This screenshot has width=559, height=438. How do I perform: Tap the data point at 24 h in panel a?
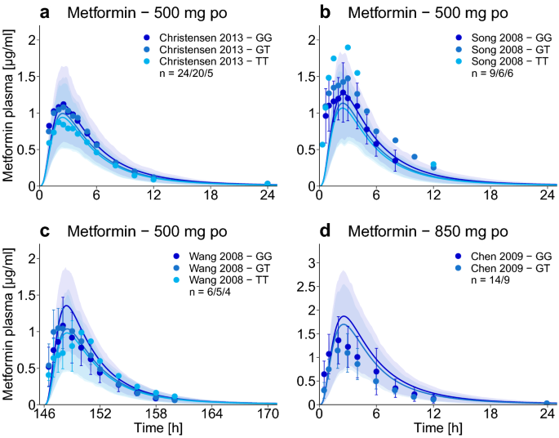coord(268,184)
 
